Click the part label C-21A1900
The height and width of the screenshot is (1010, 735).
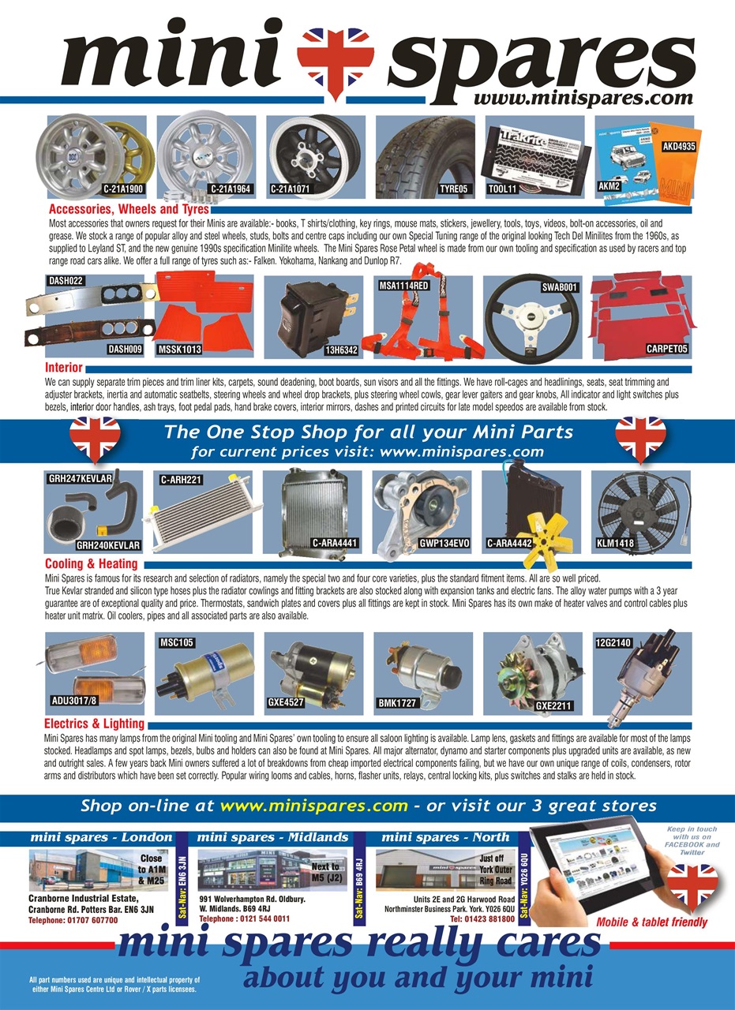(x=122, y=189)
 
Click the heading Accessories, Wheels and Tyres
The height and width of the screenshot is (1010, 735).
(x=129, y=210)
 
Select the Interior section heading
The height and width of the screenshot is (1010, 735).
(x=64, y=368)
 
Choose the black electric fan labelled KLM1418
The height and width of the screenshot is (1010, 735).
(x=642, y=509)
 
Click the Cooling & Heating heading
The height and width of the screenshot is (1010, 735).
(x=91, y=564)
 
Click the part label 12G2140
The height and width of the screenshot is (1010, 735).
(x=613, y=643)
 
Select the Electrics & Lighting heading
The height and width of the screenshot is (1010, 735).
(x=94, y=724)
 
